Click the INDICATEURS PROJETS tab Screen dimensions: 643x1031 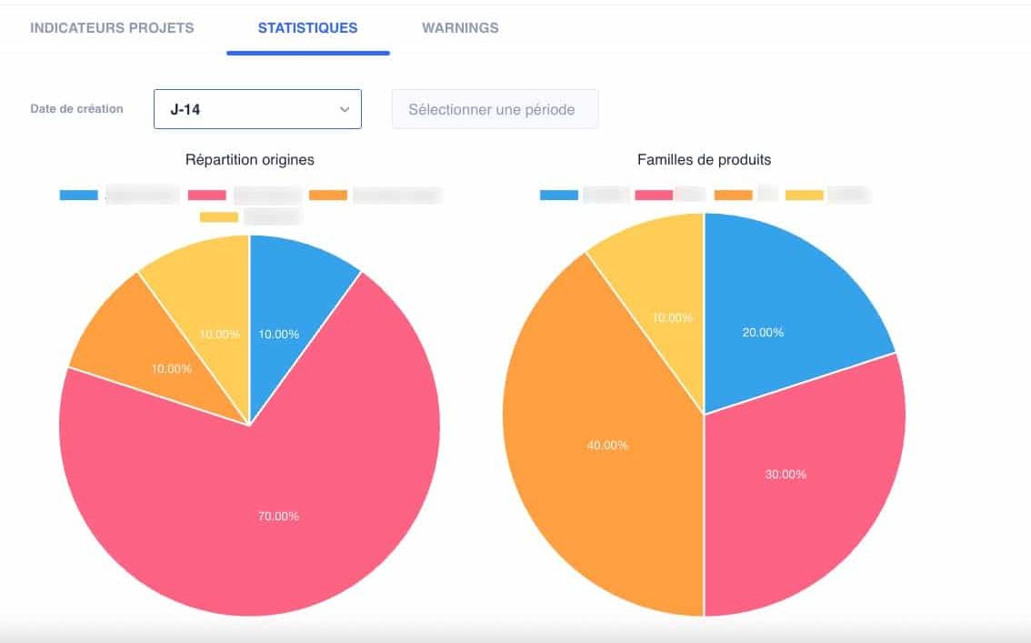(112, 27)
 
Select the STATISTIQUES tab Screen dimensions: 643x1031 (307, 27)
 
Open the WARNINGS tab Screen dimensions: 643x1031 (460, 27)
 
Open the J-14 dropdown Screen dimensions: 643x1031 (257, 109)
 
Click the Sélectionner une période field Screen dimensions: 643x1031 (495, 109)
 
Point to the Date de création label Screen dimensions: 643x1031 (76, 108)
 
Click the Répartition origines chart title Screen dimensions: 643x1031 (249, 159)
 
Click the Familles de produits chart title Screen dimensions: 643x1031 (704, 159)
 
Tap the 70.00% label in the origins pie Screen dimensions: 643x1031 (279, 516)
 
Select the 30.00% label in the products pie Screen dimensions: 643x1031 (786, 474)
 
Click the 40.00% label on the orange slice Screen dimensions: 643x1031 (608, 445)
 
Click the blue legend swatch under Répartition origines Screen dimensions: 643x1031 (78, 195)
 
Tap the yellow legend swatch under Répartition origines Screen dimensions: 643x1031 (218, 216)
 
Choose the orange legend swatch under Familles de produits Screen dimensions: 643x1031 (733, 195)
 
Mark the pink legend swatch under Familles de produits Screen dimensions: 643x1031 (653, 195)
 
